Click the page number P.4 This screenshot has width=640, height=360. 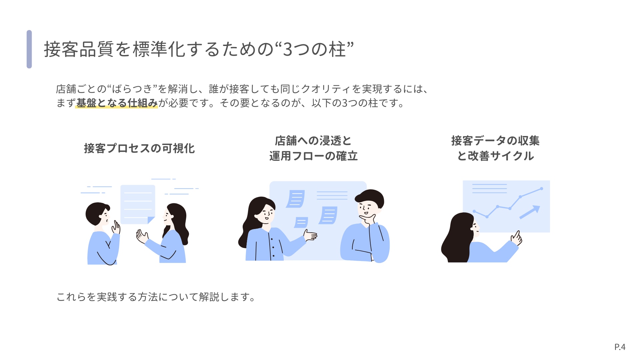click(x=620, y=347)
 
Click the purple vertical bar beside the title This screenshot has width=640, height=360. click(x=29, y=49)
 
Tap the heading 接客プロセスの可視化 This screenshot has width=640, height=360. click(x=139, y=148)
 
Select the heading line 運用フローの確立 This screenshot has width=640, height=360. click(x=313, y=156)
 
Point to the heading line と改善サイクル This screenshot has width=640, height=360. click(x=495, y=156)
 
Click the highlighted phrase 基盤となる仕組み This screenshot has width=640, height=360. click(x=117, y=103)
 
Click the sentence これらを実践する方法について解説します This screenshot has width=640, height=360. click(x=156, y=297)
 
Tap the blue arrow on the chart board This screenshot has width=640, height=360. click(x=530, y=212)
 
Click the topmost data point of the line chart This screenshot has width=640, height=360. click(x=542, y=189)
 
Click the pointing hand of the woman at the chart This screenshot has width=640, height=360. click(x=517, y=238)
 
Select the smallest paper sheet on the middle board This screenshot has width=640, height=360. click(x=301, y=222)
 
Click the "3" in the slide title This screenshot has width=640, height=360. click(x=288, y=49)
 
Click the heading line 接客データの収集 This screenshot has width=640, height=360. click(x=495, y=141)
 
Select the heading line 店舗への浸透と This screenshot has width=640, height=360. click(x=313, y=141)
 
